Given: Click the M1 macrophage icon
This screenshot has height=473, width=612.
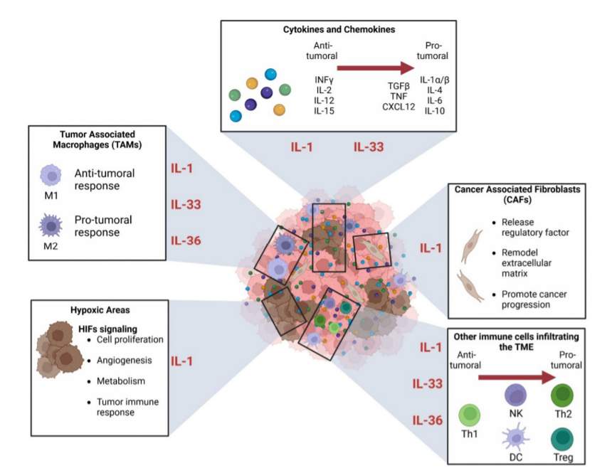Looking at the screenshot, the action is tap(51, 175).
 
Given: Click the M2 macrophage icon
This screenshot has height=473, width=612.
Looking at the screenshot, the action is tap(51, 225).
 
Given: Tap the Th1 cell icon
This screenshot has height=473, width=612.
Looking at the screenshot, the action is tap(469, 415).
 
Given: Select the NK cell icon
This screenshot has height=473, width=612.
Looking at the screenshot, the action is tap(516, 395).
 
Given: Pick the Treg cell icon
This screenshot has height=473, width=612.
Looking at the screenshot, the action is tap(562, 439).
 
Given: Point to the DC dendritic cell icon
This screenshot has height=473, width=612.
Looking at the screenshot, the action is tap(516, 438).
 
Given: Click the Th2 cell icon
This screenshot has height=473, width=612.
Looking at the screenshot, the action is tap(562, 395).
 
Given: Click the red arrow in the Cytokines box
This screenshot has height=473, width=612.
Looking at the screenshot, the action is tap(376, 68).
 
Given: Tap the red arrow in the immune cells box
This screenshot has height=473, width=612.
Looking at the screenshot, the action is tap(517, 378).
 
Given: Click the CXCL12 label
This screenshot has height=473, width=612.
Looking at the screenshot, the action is tap(399, 107).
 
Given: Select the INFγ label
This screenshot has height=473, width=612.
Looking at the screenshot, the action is tap(324, 80).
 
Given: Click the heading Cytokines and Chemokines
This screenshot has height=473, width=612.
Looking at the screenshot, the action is tap(339, 30).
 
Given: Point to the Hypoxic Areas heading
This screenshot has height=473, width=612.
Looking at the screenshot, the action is tap(100, 310).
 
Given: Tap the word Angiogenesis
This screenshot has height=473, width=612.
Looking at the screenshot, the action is tap(124, 360).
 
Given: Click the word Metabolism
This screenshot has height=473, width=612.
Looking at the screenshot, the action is tap(120, 381).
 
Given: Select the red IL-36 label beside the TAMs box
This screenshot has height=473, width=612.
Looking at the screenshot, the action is tap(186, 240).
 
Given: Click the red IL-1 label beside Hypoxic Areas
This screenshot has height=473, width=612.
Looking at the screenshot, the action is tap(181, 361).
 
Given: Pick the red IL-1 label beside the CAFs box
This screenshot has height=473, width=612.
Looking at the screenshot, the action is tap(431, 248).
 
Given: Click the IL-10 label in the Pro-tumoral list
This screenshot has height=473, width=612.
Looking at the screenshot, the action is tap(434, 111).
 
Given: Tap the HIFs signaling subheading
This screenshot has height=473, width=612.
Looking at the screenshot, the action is tap(107, 329).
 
